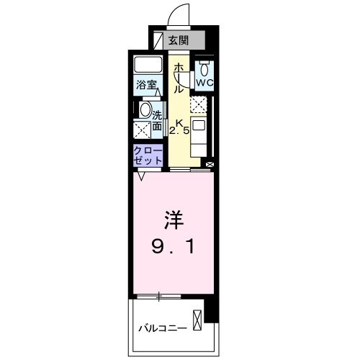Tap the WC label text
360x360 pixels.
coord(204,83)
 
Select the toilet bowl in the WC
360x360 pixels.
coord(204,69)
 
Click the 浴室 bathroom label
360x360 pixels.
coord(147,85)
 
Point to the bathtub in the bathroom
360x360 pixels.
coord(148,66)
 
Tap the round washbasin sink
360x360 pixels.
coord(144,111)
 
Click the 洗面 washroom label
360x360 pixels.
coord(156,118)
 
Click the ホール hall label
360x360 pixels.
coord(177,77)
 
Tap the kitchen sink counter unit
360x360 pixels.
coord(199,134)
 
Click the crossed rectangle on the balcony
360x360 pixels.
coord(197,319)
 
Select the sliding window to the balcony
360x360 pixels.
coord(159,296)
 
